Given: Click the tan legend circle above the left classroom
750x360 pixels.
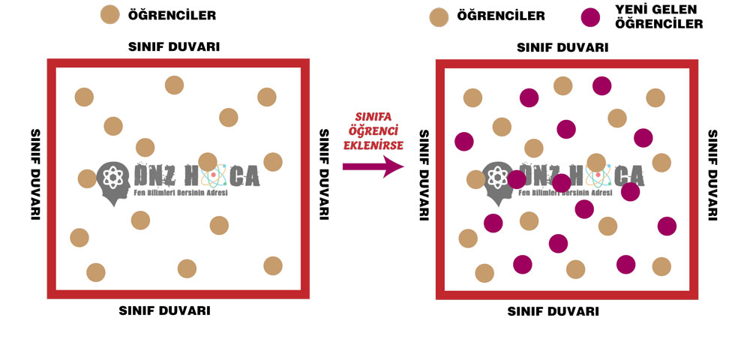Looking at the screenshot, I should pos(110,14).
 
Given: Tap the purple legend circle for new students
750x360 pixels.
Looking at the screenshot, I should pos(591,16).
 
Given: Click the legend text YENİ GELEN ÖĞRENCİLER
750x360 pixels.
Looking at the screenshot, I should pos(658,16).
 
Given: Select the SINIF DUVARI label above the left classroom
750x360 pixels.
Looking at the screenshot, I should pos(174,47).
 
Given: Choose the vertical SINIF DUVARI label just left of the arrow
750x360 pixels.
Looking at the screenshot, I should pos(324,174).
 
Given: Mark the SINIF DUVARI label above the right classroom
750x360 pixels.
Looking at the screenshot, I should pos(562,47).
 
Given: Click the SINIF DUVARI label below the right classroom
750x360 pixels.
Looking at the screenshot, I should pos(553,310).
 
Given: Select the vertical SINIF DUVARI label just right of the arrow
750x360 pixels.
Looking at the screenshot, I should pos(424,174).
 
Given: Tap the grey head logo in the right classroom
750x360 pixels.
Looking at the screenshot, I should pos(496,180).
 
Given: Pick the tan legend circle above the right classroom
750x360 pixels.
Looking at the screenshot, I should pos(439,16).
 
